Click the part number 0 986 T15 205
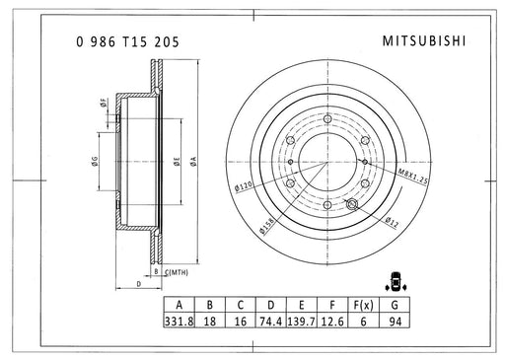coord(127,42)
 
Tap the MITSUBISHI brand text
coord(424,41)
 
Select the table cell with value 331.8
coord(180,321)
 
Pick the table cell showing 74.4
coord(270,321)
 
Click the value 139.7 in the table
coord(301,321)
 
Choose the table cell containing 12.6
coord(332,321)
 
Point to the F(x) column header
coord(363,305)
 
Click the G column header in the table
coord(395,305)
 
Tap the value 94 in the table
coord(395,321)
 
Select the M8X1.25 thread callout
coord(413,177)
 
